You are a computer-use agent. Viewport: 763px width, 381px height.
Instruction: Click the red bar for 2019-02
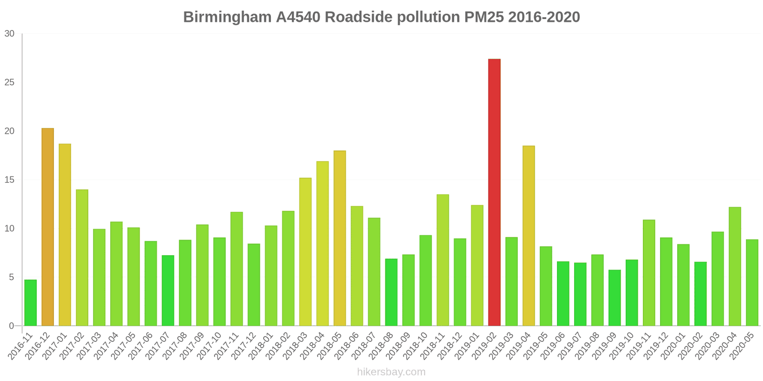click(x=494, y=192)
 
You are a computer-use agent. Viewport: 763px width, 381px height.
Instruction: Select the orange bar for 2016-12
click(x=48, y=227)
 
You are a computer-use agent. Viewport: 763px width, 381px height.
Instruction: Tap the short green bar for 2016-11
click(x=31, y=303)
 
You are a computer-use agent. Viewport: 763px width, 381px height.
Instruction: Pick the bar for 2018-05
click(x=340, y=238)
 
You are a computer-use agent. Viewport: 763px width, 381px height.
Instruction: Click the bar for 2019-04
click(x=528, y=236)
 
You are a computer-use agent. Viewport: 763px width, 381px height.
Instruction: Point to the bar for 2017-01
click(x=65, y=235)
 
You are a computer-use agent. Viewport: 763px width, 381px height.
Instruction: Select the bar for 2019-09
click(x=614, y=298)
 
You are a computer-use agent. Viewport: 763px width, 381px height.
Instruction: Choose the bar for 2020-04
click(x=734, y=266)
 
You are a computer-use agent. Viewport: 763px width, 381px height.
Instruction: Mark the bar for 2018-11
click(x=443, y=260)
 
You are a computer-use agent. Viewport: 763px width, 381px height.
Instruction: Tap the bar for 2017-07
click(x=168, y=291)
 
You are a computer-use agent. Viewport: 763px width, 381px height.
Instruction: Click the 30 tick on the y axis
click(x=10, y=34)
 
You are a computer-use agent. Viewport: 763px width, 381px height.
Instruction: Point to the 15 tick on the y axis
click(x=10, y=180)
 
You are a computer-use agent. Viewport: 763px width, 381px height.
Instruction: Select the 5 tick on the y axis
click(x=12, y=277)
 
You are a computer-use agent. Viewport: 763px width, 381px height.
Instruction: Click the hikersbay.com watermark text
click(x=391, y=372)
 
